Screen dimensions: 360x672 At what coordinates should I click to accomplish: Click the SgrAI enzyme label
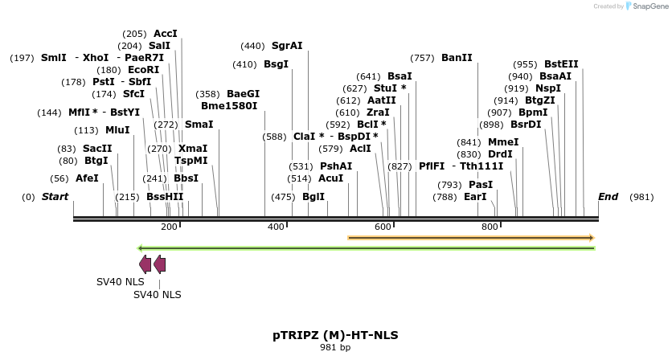point(287,46)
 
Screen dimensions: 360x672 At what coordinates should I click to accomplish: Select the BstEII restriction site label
point(560,64)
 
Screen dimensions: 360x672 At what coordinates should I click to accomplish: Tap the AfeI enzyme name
point(87,178)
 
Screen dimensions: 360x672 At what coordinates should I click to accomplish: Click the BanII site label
point(457,58)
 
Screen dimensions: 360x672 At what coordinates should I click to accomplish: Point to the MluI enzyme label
point(117,130)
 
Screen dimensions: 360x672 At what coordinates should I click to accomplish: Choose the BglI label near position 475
point(313,197)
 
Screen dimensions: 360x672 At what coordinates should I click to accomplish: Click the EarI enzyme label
point(475,197)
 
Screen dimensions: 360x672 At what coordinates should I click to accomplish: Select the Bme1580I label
point(229,105)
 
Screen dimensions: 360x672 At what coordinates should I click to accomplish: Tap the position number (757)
point(422,58)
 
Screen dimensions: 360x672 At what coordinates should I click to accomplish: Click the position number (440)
point(252,46)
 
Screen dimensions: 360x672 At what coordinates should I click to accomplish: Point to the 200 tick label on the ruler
point(169,227)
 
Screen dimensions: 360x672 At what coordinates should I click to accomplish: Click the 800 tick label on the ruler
point(490,227)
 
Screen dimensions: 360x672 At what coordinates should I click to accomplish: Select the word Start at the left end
point(55,197)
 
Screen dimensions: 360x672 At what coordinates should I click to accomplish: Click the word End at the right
point(608,197)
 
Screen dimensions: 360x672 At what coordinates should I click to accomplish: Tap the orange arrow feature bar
point(470,238)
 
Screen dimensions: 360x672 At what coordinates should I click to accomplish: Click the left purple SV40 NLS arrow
point(145,264)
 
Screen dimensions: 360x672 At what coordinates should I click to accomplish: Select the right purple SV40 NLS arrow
point(159,264)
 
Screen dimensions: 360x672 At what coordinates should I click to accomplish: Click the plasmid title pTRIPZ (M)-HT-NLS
point(335,334)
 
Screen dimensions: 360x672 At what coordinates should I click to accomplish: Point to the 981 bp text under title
point(335,348)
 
